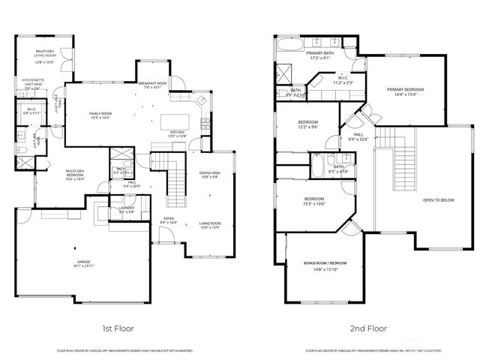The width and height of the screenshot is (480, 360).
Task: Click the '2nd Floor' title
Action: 367,328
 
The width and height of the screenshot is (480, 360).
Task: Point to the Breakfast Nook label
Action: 152,84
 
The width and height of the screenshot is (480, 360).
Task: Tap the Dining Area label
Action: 211,175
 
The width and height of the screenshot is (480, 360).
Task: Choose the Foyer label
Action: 168,220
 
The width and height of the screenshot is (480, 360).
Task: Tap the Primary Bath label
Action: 319,55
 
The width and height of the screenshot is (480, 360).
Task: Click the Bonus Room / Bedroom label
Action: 325,265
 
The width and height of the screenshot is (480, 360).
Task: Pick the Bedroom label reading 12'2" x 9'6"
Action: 307,124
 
